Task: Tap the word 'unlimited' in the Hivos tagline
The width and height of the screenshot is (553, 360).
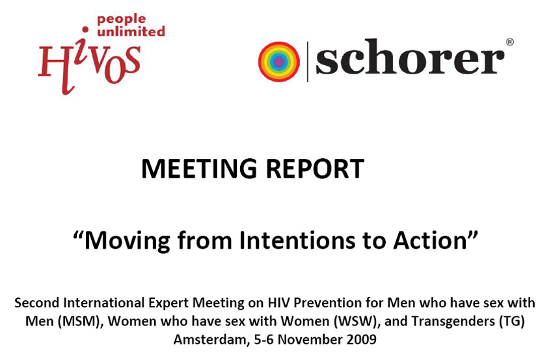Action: [131, 31]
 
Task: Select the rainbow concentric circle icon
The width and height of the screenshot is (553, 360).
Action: [279, 62]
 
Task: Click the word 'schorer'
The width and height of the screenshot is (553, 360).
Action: [410, 58]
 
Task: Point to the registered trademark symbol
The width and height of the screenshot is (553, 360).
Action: [510, 42]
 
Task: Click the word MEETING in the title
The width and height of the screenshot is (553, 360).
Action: [199, 169]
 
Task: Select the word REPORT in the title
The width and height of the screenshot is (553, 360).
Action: [315, 169]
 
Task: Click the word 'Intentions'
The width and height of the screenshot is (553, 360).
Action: [297, 240]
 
